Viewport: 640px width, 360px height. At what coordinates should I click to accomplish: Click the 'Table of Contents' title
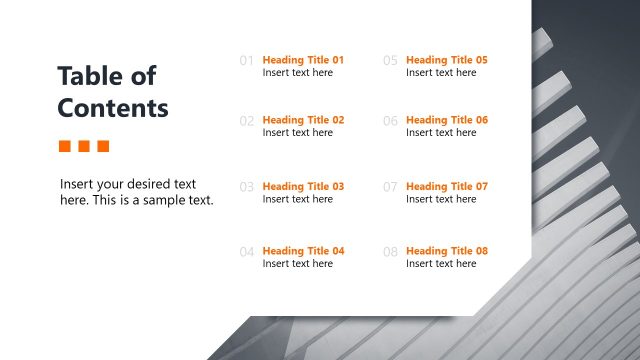click(x=113, y=91)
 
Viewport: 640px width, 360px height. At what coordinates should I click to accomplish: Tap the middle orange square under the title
click(x=84, y=146)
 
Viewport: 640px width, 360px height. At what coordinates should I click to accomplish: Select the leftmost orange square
click(x=65, y=146)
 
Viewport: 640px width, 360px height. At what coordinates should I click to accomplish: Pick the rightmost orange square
click(x=103, y=146)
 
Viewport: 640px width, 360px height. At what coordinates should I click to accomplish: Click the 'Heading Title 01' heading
click(x=303, y=60)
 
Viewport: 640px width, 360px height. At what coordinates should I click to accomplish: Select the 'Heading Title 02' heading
click(x=303, y=120)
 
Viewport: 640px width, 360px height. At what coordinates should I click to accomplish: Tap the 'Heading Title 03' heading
click(x=303, y=186)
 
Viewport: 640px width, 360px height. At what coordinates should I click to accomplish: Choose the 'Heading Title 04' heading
click(x=303, y=251)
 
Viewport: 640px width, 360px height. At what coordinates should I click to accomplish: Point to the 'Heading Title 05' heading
click(x=447, y=60)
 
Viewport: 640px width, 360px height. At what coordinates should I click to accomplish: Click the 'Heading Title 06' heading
click(x=447, y=120)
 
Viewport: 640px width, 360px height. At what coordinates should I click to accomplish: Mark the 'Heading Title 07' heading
click(x=447, y=186)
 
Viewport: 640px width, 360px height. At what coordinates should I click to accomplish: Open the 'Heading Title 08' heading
click(x=447, y=251)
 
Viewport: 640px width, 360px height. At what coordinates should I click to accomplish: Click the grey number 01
click(x=247, y=61)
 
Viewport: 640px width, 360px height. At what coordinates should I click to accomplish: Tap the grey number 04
click(x=247, y=252)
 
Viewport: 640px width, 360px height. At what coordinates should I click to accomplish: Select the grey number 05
click(x=390, y=61)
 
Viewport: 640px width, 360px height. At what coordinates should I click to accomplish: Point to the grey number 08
click(x=390, y=252)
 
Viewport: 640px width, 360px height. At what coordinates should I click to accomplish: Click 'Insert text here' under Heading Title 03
click(x=298, y=199)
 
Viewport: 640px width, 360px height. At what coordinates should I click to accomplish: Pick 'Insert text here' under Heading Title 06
click(x=441, y=133)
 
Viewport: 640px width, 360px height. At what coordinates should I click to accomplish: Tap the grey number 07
click(x=390, y=187)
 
